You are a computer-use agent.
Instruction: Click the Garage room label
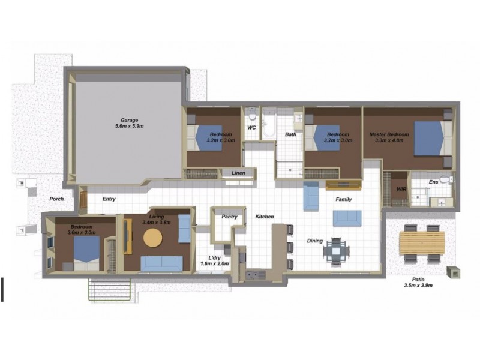[x=129, y=120]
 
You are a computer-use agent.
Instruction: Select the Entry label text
[x=109, y=199]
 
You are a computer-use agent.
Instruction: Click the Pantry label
[x=230, y=217]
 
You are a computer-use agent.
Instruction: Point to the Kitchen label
[x=265, y=216]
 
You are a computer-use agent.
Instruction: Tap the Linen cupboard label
[x=238, y=173]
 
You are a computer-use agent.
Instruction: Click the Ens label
[x=433, y=181]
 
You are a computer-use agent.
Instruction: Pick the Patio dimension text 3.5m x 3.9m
[x=419, y=286]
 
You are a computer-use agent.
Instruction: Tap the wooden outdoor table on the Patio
[x=423, y=243]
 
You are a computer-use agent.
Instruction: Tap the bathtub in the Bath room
[x=269, y=126]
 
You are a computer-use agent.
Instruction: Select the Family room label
[x=343, y=199]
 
